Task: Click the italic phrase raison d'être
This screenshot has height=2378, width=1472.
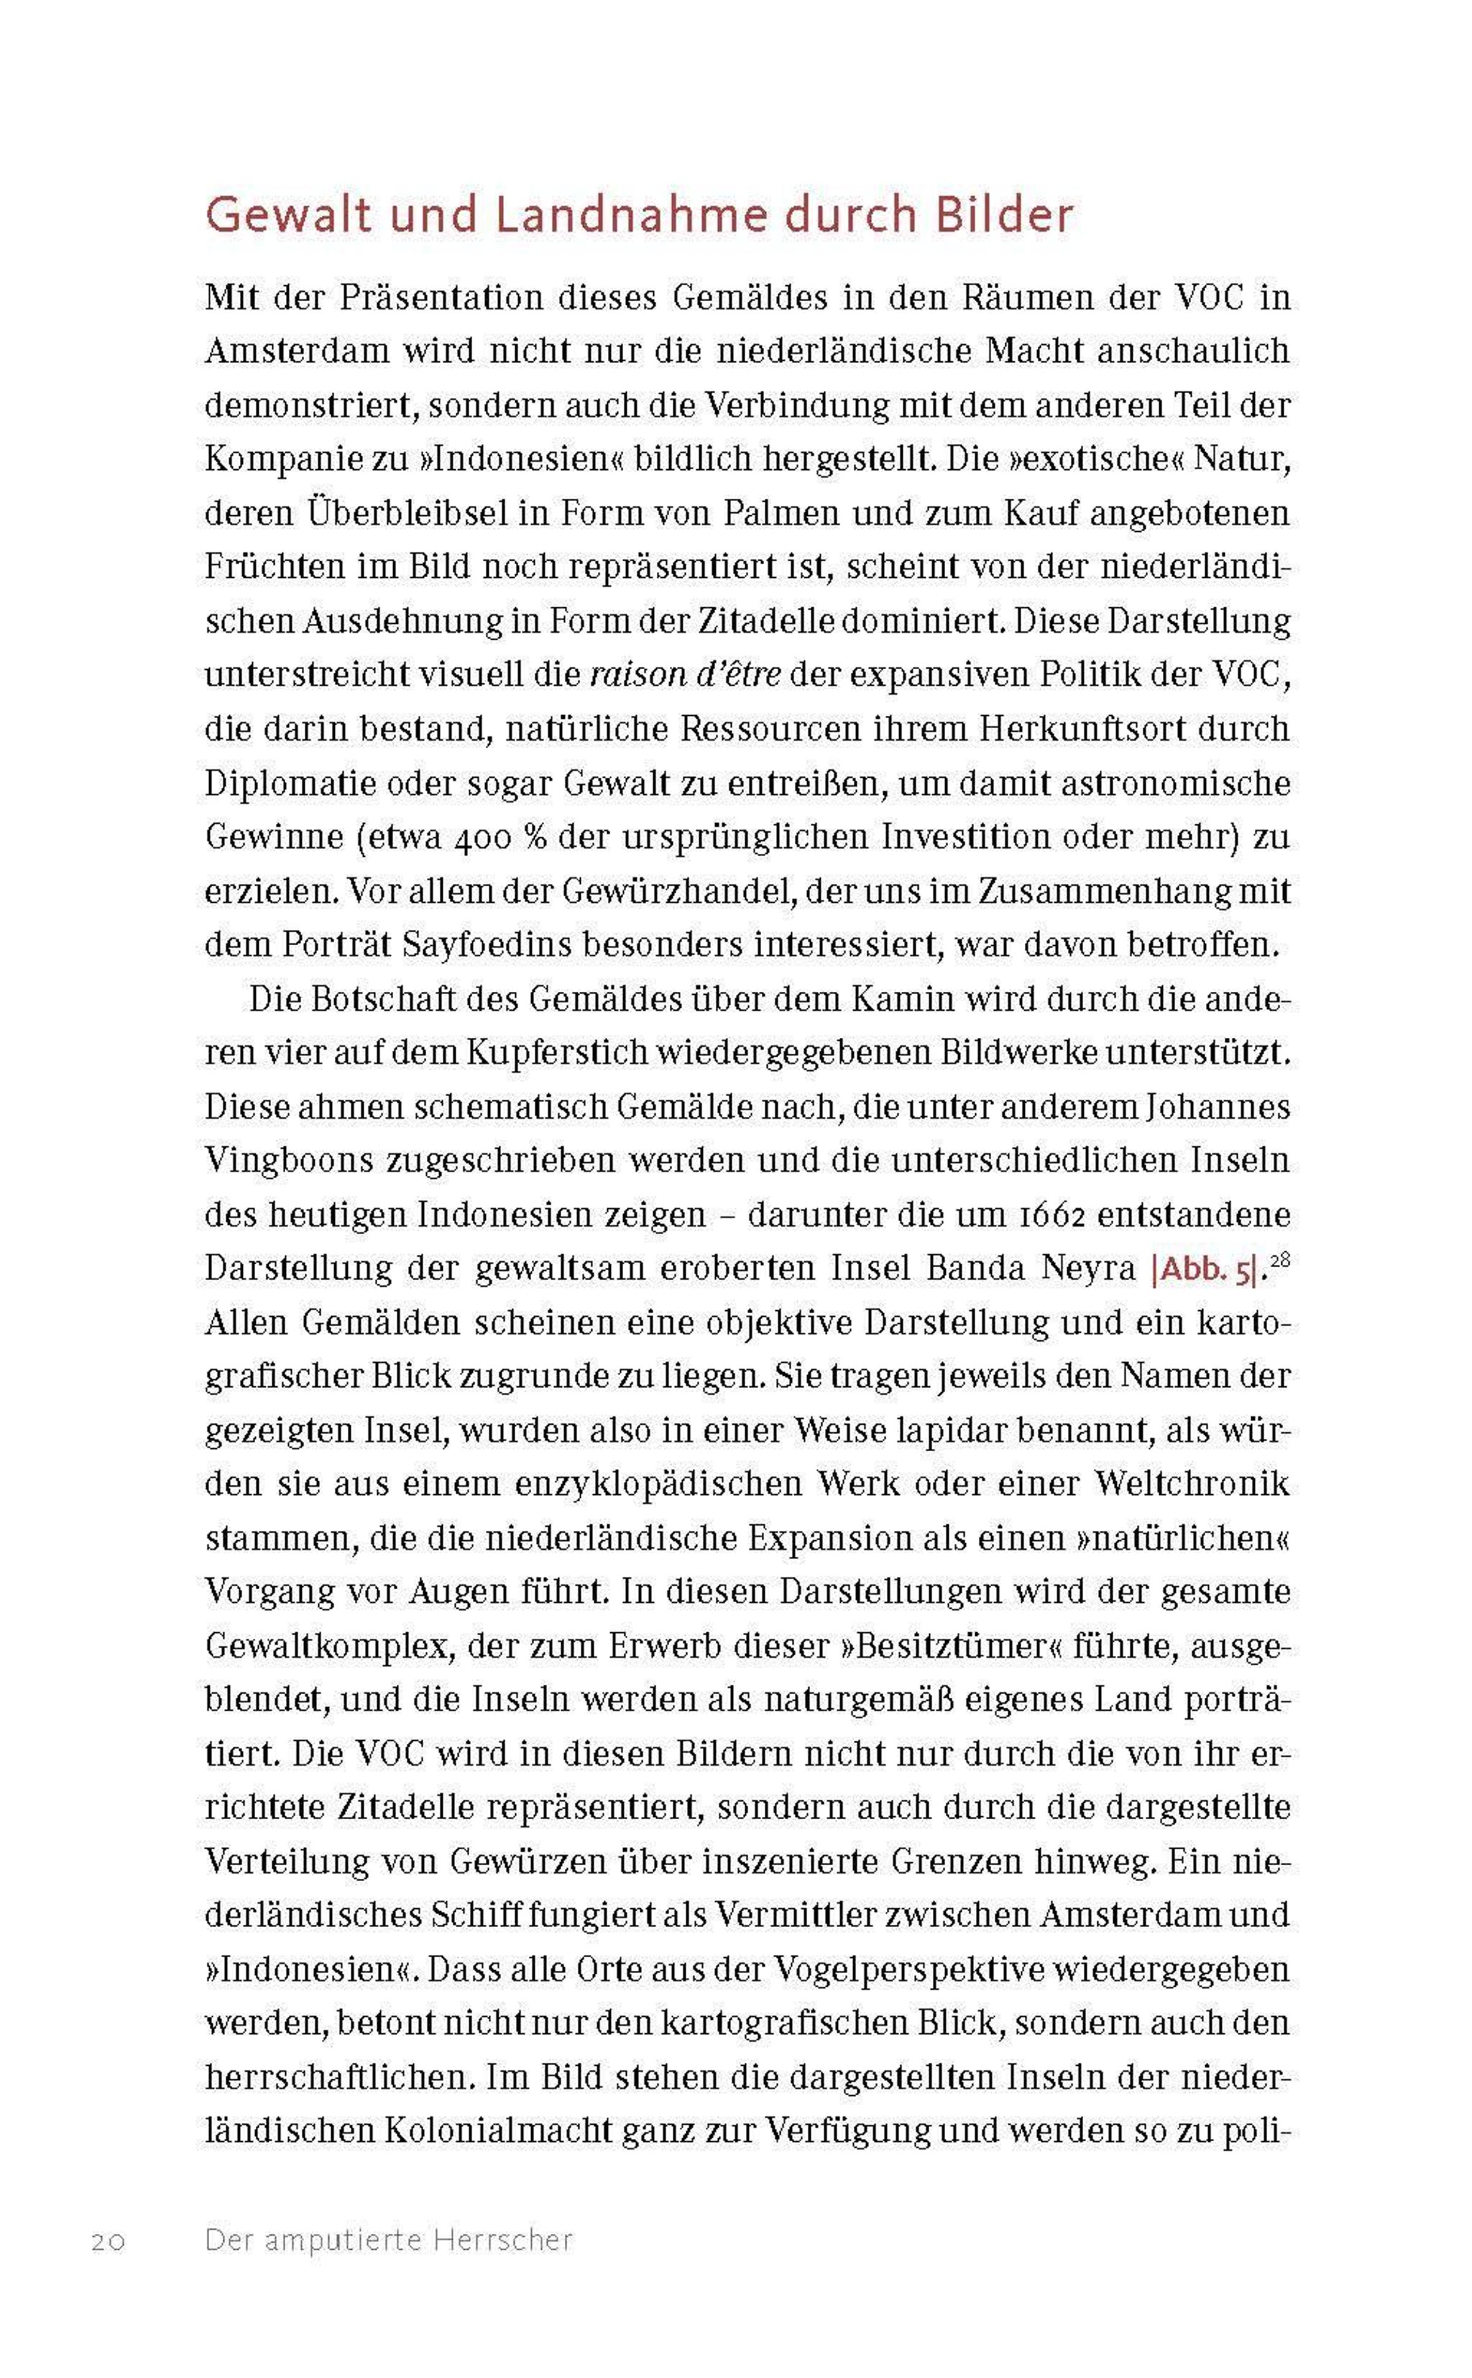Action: point(685,675)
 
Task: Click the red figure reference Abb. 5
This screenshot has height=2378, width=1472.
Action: point(1204,1269)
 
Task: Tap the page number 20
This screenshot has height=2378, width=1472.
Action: point(108,2241)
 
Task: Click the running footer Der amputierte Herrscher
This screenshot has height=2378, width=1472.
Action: point(388,2240)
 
